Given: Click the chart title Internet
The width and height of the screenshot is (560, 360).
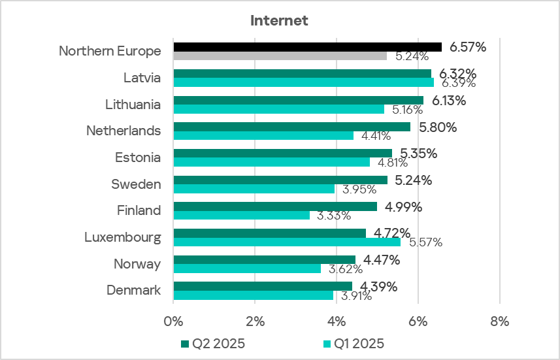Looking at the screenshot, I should click(x=279, y=21).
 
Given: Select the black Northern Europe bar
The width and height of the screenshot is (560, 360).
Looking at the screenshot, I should click(x=307, y=47).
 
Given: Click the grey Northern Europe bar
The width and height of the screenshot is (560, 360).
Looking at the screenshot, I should click(x=280, y=56).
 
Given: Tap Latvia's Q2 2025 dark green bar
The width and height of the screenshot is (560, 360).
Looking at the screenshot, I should click(x=302, y=73).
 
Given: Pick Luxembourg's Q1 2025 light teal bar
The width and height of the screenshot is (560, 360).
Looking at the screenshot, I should click(x=287, y=242).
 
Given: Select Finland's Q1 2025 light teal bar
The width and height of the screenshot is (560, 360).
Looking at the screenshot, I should click(x=241, y=215).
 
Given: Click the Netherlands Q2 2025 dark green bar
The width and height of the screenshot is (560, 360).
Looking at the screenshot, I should click(x=291, y=127).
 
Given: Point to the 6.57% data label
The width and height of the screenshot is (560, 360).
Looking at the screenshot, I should click(x=468, y=47).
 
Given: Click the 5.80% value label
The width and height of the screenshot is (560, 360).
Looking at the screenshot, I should click(x=438, y=127).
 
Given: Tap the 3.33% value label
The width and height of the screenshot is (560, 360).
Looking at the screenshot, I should click(x=333, y=215).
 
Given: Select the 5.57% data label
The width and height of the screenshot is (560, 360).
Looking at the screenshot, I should click(x=425, y=242).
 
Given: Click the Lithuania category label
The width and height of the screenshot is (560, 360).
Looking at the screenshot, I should click(x=133, y=104).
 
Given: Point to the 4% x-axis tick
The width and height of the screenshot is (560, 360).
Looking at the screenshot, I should click(x=336, y=321).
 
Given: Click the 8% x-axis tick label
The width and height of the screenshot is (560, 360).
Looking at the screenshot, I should click(x=499, y=321).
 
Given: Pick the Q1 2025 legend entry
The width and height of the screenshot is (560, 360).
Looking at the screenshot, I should click(x=354, y=344).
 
